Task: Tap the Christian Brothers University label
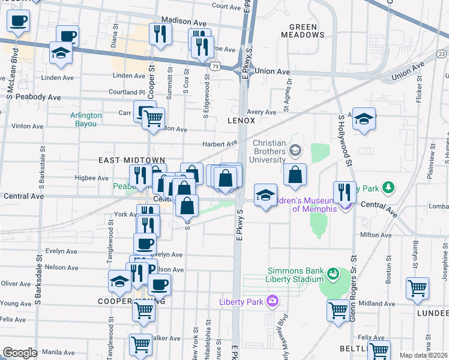point(268,152)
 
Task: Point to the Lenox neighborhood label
point(241,121)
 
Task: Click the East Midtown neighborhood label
point(122,161)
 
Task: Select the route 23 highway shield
point(442,55)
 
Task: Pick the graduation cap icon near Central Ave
point(265,196)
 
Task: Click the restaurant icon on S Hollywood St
point(345,192)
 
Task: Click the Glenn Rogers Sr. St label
point(354,288)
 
